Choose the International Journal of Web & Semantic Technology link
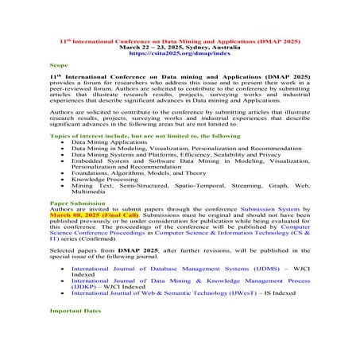tap(166, 292)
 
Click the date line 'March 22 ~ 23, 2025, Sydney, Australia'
tap(180, 46)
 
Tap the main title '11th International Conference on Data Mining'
tap(180, 39)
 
